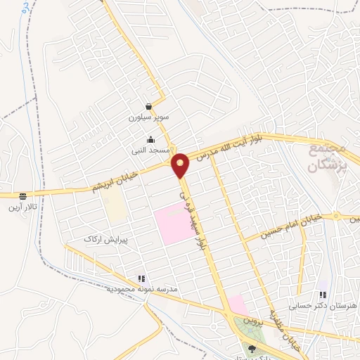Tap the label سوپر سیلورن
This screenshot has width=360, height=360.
[145, 118]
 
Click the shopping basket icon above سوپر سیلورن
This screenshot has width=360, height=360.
[149, 106]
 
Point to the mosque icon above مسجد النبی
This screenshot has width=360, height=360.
[150, 139]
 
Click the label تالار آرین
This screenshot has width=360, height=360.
[30, 208]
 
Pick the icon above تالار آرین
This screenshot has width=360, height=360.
[23, 196]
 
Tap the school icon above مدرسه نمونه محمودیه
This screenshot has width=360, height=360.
[141, 278]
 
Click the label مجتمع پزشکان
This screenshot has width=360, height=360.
[328, 160]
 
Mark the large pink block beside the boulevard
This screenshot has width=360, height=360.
[172, 224]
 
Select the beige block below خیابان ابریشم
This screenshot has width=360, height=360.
[114, 205]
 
